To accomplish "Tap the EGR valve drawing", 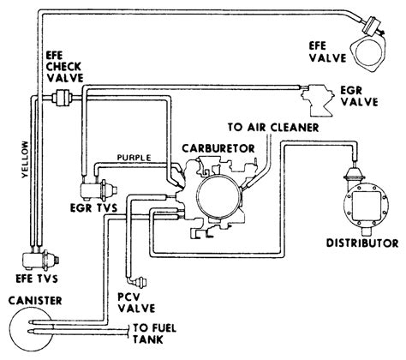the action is [x=318, y=99].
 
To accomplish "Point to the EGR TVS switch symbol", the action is [x=99, y=190].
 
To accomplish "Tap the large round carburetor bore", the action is [x=218, y=196].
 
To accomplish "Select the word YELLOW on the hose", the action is [x=25, y=159].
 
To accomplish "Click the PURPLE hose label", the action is [x=134, y=158].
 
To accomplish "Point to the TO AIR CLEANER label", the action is [x=273, y=128].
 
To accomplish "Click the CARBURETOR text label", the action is [x=218, y=148].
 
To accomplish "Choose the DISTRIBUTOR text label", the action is [x=362, y=243].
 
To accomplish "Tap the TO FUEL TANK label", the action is [x=154, y=334].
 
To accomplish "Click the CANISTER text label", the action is [x=35, y=301].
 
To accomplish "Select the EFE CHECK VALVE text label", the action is [x=64, y=67].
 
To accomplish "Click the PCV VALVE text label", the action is [x=137, y=303].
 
